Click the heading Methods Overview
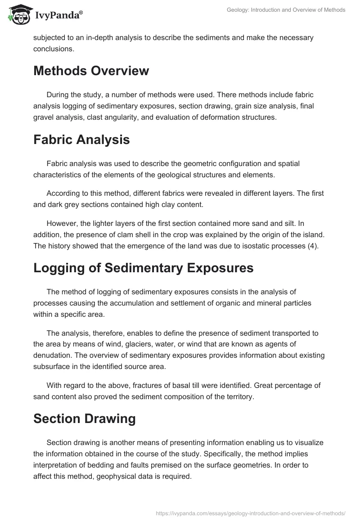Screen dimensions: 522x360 [91, 71]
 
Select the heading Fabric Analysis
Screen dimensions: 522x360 [81, 139]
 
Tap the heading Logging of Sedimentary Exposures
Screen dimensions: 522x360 [143, 268]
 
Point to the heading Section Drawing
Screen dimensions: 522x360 [84, 418]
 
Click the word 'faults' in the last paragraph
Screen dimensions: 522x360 [159, 464]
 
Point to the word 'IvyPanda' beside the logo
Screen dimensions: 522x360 [58, 16]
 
